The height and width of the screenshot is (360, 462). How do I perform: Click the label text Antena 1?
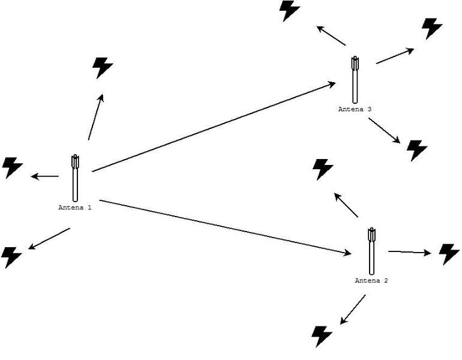[x=75, y=208]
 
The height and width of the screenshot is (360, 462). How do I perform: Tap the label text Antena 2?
[x=371, y=281]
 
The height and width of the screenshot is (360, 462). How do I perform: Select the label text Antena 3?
[x=355, y=109]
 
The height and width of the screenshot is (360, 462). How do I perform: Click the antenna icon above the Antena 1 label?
[x=75, y=178]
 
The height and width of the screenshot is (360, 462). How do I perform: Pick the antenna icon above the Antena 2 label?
[x=372, y=251]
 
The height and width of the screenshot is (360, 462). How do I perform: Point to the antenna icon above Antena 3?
[x=355, y=79]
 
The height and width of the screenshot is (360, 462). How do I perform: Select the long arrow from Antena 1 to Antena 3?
[x=214, y=127]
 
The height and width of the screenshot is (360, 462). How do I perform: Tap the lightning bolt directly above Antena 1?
[x=103, y=68]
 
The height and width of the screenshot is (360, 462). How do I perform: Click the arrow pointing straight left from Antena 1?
[x=44, y=176]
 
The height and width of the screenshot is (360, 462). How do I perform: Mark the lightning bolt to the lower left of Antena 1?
[x=12, y=257]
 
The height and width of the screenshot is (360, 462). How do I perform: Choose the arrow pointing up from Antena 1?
[x=95, y=117]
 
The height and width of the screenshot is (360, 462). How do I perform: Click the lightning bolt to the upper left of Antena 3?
[x=290, y=11]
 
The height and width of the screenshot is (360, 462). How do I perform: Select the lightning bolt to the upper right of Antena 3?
[x=431, y=28]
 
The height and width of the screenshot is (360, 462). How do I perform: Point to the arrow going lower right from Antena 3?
[x=384, y=130]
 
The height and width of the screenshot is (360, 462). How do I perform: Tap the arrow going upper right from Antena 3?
[x=395, y=56]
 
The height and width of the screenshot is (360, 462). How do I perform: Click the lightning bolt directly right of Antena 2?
[x=449, y=254]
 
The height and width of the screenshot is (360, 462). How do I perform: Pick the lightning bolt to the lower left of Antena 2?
[x=322, y=336]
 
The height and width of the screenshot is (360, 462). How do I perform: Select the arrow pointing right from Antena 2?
[x=410, y=253]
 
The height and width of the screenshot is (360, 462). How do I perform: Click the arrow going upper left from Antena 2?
[x=346, y=205]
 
